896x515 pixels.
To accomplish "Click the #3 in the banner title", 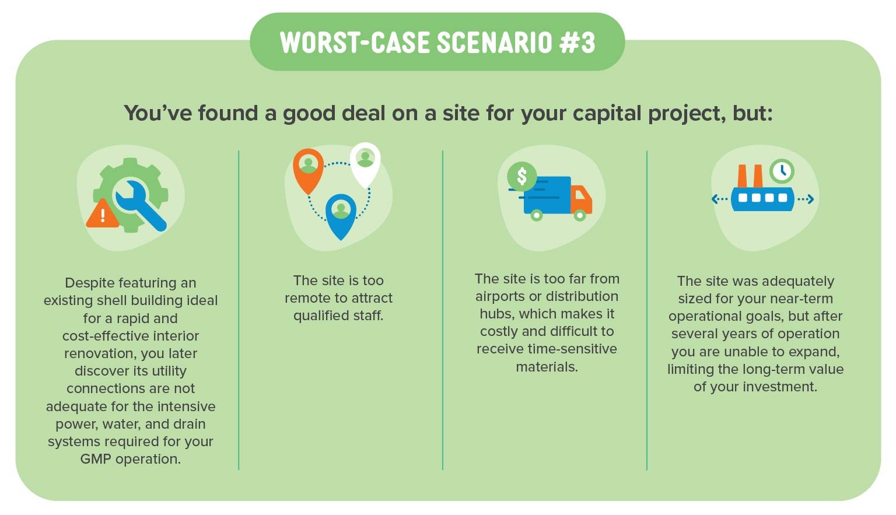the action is tap(577, 43).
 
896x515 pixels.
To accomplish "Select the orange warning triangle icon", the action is tap(103, 213).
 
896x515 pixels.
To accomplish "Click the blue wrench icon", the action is tap(140, 205).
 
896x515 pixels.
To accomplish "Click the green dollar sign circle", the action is tap(521, 176).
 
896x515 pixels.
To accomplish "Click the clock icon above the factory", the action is tap(782, 171).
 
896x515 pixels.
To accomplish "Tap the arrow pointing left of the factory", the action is tap(720, 199).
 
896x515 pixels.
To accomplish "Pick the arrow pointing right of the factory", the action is tap(806, 199).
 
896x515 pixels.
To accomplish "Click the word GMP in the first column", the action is tap(96, 459).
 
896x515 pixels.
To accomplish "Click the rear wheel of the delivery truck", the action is tap(537, 215).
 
